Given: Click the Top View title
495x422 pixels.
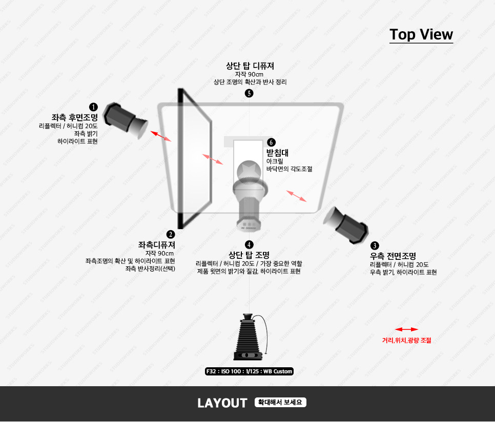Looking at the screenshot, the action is [x=421, y=34].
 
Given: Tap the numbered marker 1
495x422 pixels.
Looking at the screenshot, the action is [x=93, y=107].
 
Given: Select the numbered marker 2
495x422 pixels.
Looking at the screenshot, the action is [x=171, y=234].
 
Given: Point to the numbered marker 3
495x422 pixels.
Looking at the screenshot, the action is [x=375, y=246].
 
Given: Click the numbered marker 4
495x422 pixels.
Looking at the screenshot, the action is [x=249, y=245].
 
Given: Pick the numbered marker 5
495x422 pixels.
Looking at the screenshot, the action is [x=249, y=93].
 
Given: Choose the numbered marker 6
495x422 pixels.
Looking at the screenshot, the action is [x=271, y=142].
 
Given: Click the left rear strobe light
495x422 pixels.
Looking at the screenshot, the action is [x=126, y=120].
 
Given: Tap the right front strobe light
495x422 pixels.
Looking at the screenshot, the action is [x=346, y=225].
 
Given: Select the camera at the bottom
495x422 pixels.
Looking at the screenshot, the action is [x=250, y=337].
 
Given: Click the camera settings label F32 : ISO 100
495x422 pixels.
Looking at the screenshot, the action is [x=249, y=371].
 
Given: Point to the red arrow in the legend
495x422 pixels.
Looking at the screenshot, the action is [x=406, y=329].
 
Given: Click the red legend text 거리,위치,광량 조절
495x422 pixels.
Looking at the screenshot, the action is [x=407, y=340].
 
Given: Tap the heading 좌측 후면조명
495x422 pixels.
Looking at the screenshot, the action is [x=74, y=118].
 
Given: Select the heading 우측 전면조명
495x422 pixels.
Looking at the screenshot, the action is [x=393, y=256].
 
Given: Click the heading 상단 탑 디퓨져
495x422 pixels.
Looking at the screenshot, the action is [x=250, y=66].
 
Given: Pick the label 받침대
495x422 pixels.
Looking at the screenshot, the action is [x=278, y=153].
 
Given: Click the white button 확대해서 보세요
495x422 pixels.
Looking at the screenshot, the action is [x=280, y=403].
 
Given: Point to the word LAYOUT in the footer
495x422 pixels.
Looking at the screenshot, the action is [x=222, y=403].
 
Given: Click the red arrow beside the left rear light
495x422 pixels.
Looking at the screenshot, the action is [x=161, y=136].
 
